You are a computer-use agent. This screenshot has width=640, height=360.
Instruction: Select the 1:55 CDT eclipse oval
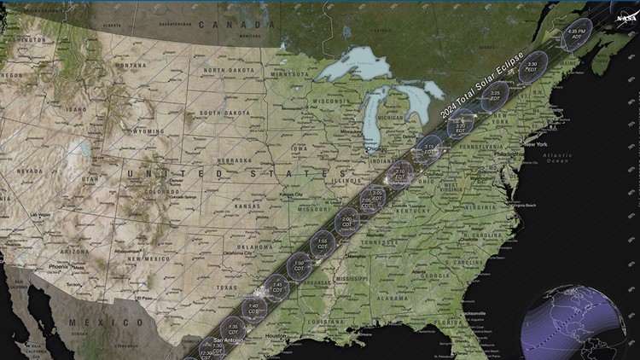pyautogui.click(x=322, y=242)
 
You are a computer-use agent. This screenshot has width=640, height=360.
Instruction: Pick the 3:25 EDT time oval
pyautogui.click(x=494, y=96)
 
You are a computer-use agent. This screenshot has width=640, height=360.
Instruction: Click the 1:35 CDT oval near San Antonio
pyautogui.click(x=233, y=328)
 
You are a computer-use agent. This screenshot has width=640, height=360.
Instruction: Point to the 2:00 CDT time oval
pyautogui.click(x=347, y=221)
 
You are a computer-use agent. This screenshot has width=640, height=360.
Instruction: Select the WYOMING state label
pyautogui.click(x=148, y=131)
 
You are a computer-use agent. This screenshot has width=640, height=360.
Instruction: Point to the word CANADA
pyautogui.click(x=230, y=25)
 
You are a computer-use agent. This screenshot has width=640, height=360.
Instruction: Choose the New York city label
pyautogui.click(x=536, y=144)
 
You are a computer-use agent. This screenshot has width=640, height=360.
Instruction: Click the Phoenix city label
pyautogui.click(x=58, y=266)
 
